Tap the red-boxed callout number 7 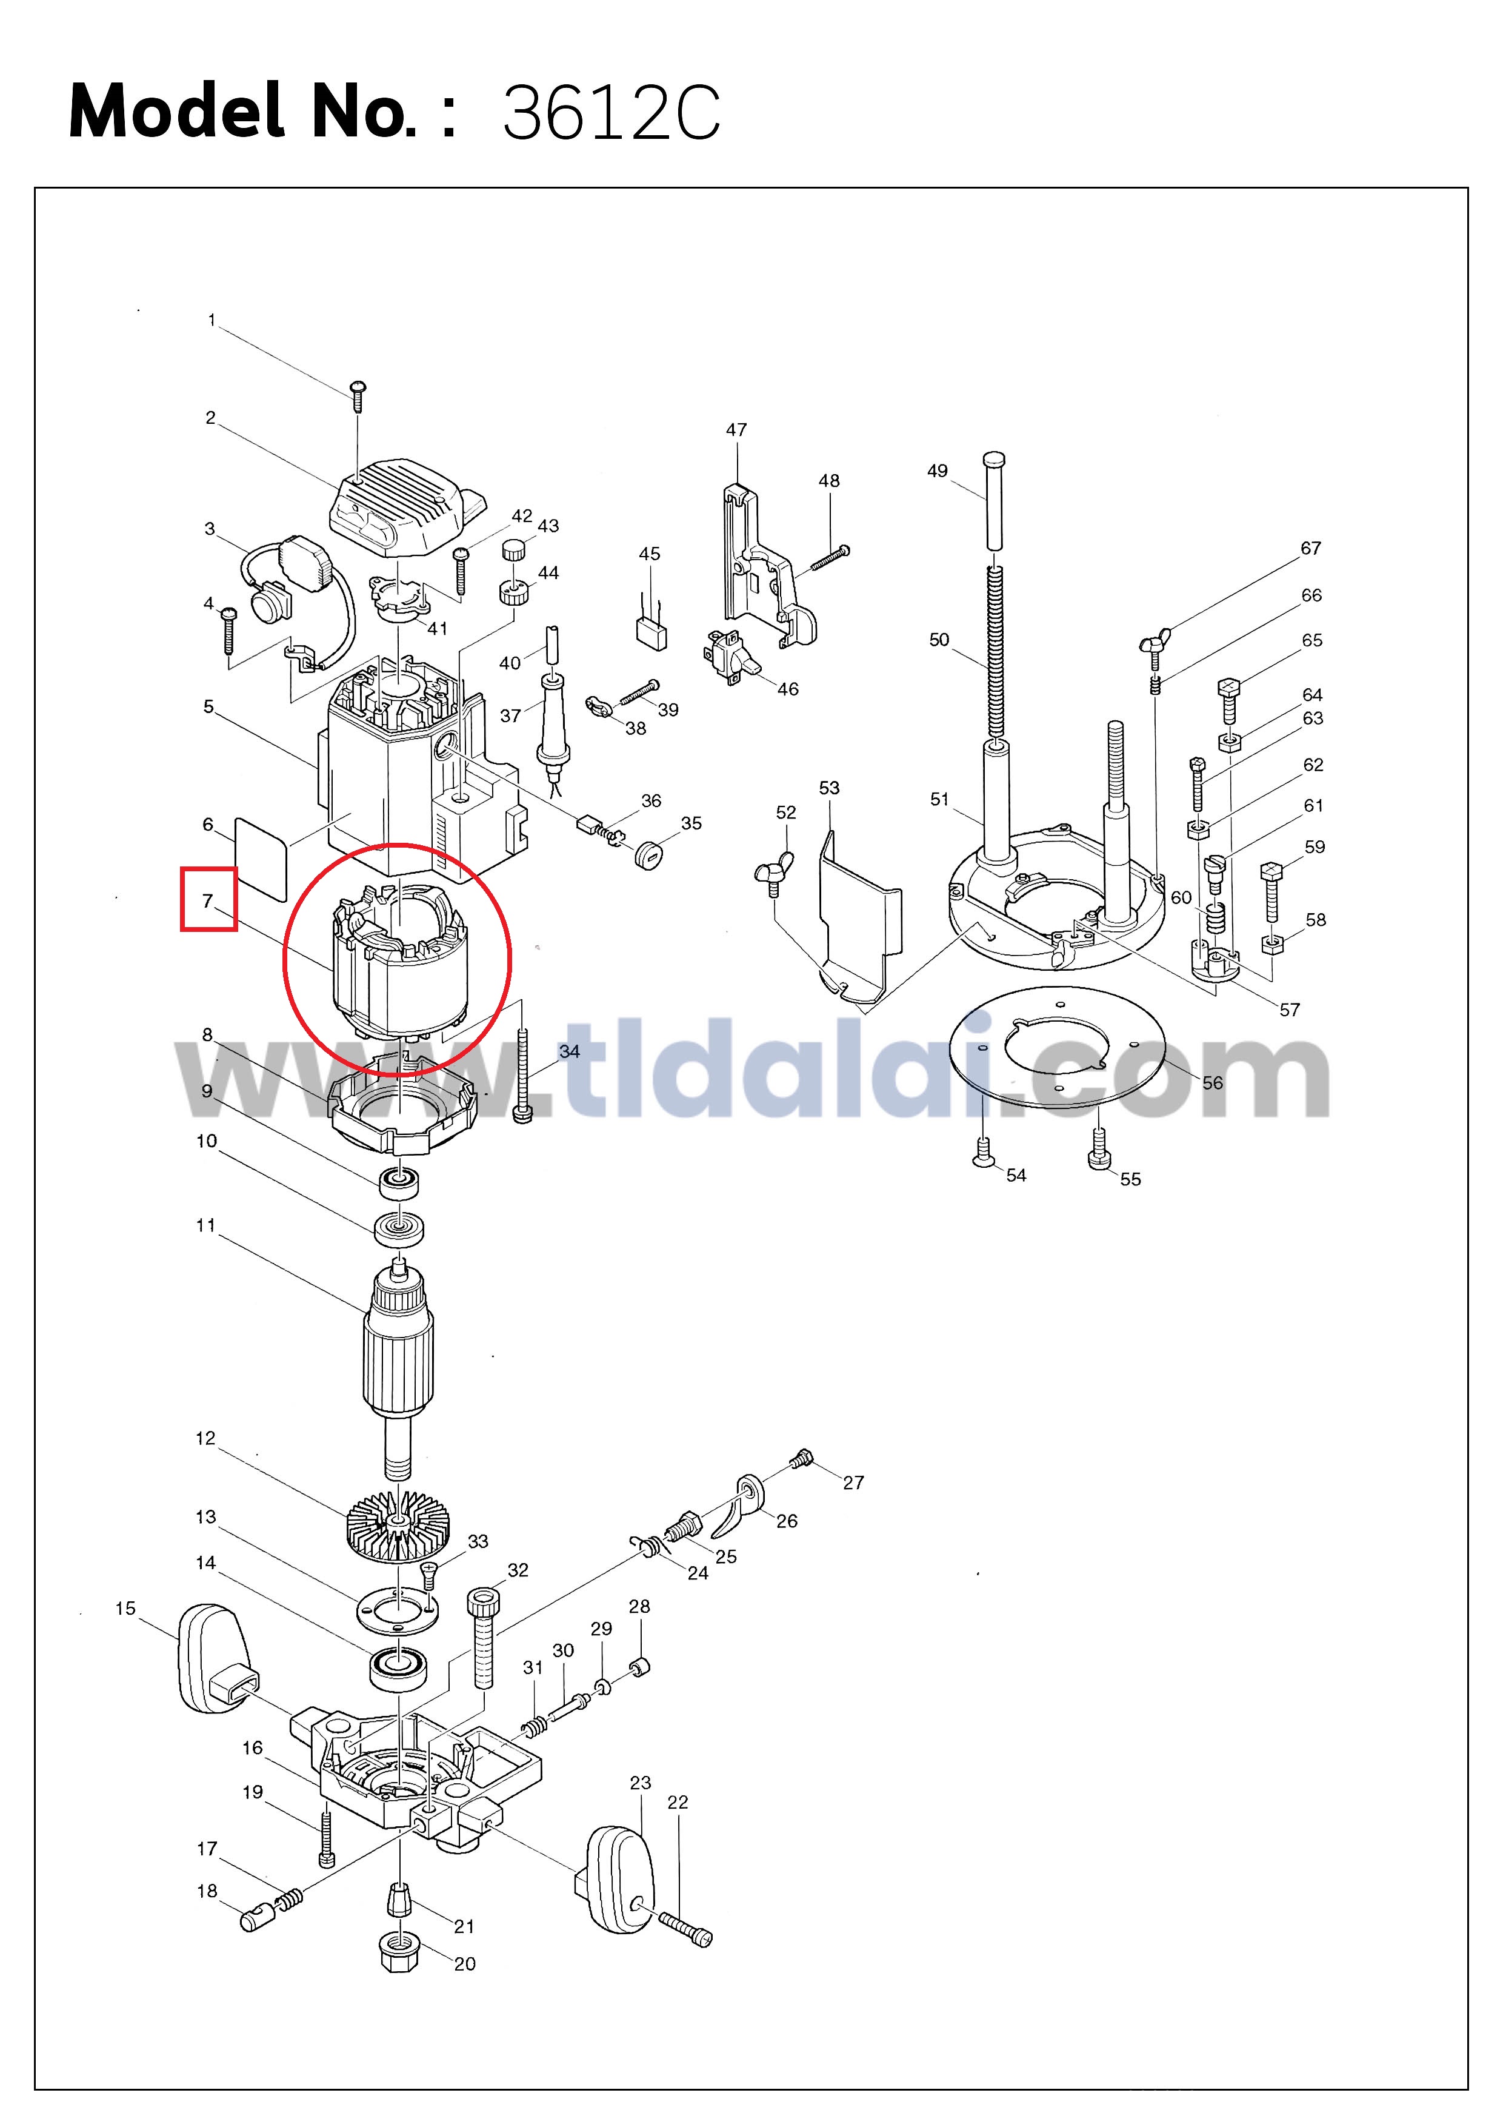(207, 900)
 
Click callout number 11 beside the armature (205, 1225)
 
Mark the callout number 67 (1310, 549)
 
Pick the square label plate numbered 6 (261, 858)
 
